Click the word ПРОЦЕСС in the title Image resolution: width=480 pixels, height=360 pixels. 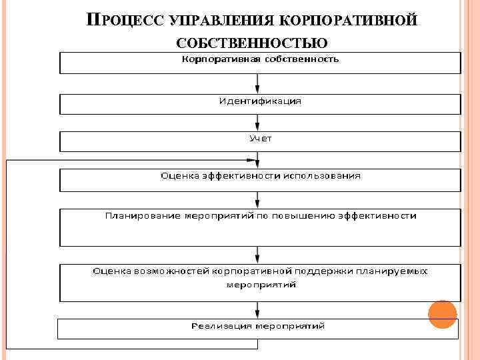[127, 20]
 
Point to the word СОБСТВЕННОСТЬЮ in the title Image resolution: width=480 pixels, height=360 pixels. [252, 44]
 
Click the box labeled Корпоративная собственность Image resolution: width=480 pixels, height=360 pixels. [261, 63]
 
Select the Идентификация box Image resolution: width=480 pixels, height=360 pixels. [261, 103]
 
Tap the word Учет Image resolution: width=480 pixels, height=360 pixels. [261, 139]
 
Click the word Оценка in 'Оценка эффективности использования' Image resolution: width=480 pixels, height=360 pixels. [179, 176]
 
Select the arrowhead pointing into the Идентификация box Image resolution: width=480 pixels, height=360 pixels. [258, 89]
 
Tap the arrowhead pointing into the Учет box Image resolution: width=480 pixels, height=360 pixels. [258, 127]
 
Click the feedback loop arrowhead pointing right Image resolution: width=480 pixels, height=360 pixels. [252, 160]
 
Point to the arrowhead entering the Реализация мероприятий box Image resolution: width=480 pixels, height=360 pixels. [258, 314]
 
